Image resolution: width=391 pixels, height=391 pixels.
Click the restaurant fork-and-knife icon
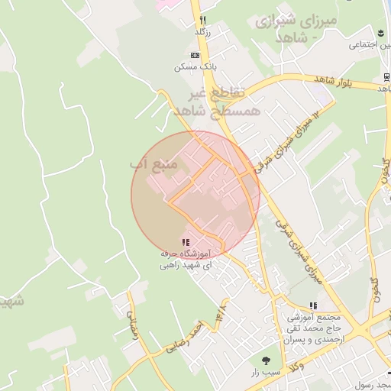(x=202, y=20)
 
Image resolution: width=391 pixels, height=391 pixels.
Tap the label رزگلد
(x=202, y=32)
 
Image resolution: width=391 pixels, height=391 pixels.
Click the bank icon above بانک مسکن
(x=196, y=56)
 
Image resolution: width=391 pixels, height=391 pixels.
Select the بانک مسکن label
(x=191, y=67)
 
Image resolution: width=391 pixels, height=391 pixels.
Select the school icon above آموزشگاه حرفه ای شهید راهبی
(x=186, y=242)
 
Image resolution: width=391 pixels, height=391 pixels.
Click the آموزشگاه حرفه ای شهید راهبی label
(x=186, y=260)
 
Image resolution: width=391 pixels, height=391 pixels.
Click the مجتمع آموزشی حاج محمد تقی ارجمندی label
(x=317, y=328)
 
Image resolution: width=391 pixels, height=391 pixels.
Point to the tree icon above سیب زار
(x=266, y=359)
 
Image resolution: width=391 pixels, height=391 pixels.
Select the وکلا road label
(x=315, y=368)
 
